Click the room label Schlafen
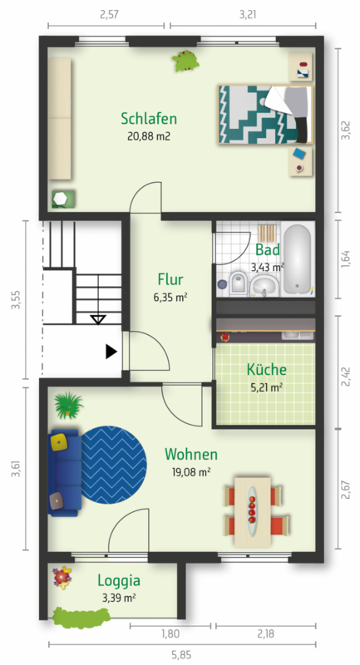pos(149,119)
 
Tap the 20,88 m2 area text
pos(149,136)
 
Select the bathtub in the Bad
pos(298,259)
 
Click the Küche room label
pos(267,369)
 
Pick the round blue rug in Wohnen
pos(114,465)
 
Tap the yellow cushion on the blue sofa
pos(59,442)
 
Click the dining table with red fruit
pos(252,511)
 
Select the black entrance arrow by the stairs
pos(111,351)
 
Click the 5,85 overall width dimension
pos(181,655)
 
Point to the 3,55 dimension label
pos(16,299)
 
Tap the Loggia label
pos(119,580)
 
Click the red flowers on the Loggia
pos(62,577)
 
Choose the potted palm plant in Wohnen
pos(68,405)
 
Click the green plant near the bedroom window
pos(185,61)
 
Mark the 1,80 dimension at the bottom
pos(170,634)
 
